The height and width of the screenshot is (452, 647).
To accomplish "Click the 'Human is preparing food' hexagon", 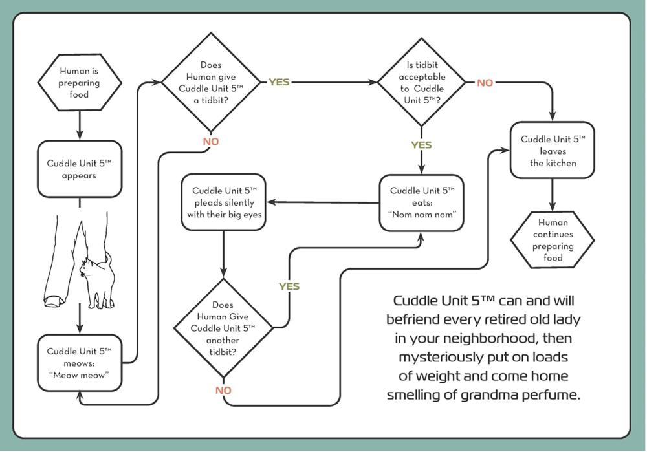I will pyautogui.click(x=79, y=83).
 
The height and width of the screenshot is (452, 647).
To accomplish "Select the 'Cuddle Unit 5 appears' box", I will pyautogui.click(x=79, y=169).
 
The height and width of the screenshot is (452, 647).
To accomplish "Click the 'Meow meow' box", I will pyautogui.click(x=79, y=362).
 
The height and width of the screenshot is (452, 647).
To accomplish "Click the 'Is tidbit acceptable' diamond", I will pyautogui.click(x=421, y=82).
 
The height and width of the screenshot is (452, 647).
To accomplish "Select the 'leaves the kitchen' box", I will pyautogui.click(x=552, y=151).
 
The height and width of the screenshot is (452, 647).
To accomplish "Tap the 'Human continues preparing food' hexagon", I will pyautogui.click(x=552, y=240).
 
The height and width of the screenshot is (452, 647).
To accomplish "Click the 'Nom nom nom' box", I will pyautogui.click(x=421, y=202).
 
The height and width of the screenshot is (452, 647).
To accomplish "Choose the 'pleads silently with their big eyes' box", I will pyautogui.click(x=224, y=202).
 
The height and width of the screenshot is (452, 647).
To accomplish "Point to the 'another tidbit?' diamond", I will pyautogui.click(x=223, y=328).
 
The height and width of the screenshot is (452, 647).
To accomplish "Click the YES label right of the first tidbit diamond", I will pyautogui.click(x=280, y=83).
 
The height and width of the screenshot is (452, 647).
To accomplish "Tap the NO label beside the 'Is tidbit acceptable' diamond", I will pyautogui.click(x=485, y=83).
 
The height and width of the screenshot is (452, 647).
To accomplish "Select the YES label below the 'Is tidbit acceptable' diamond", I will pyautogui.click(x=421, y=145).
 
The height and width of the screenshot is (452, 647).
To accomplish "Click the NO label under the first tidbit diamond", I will pyautogui.click(x=211, y=142).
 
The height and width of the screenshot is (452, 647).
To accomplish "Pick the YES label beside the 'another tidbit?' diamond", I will pyautogui.click(x=289, y=286).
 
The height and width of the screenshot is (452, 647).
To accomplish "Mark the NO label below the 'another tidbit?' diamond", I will pyautogui.click(x=223, y=391).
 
